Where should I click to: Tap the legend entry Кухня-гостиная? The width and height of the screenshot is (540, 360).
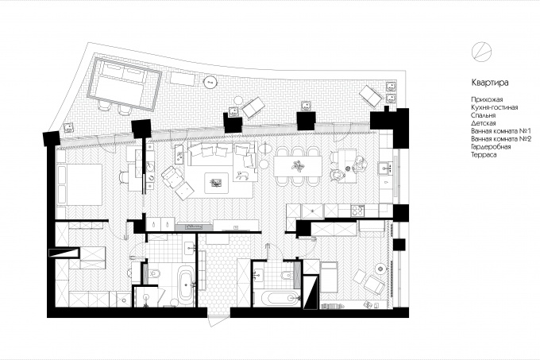(494, 107)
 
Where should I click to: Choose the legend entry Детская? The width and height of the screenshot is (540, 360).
(483, 123)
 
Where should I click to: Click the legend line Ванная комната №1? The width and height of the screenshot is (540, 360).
(501, 131)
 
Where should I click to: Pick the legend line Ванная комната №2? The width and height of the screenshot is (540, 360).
(501, 139)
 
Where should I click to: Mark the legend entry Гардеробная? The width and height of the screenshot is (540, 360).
(491, 147)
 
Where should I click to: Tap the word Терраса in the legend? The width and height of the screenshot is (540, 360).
(484, 155)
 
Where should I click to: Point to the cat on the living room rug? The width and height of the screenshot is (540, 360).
(242, 175)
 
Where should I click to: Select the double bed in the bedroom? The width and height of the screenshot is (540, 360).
(80, 185)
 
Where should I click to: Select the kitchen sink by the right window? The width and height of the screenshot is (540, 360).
(386, 168)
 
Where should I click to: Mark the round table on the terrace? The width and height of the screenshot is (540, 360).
(210, 82)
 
